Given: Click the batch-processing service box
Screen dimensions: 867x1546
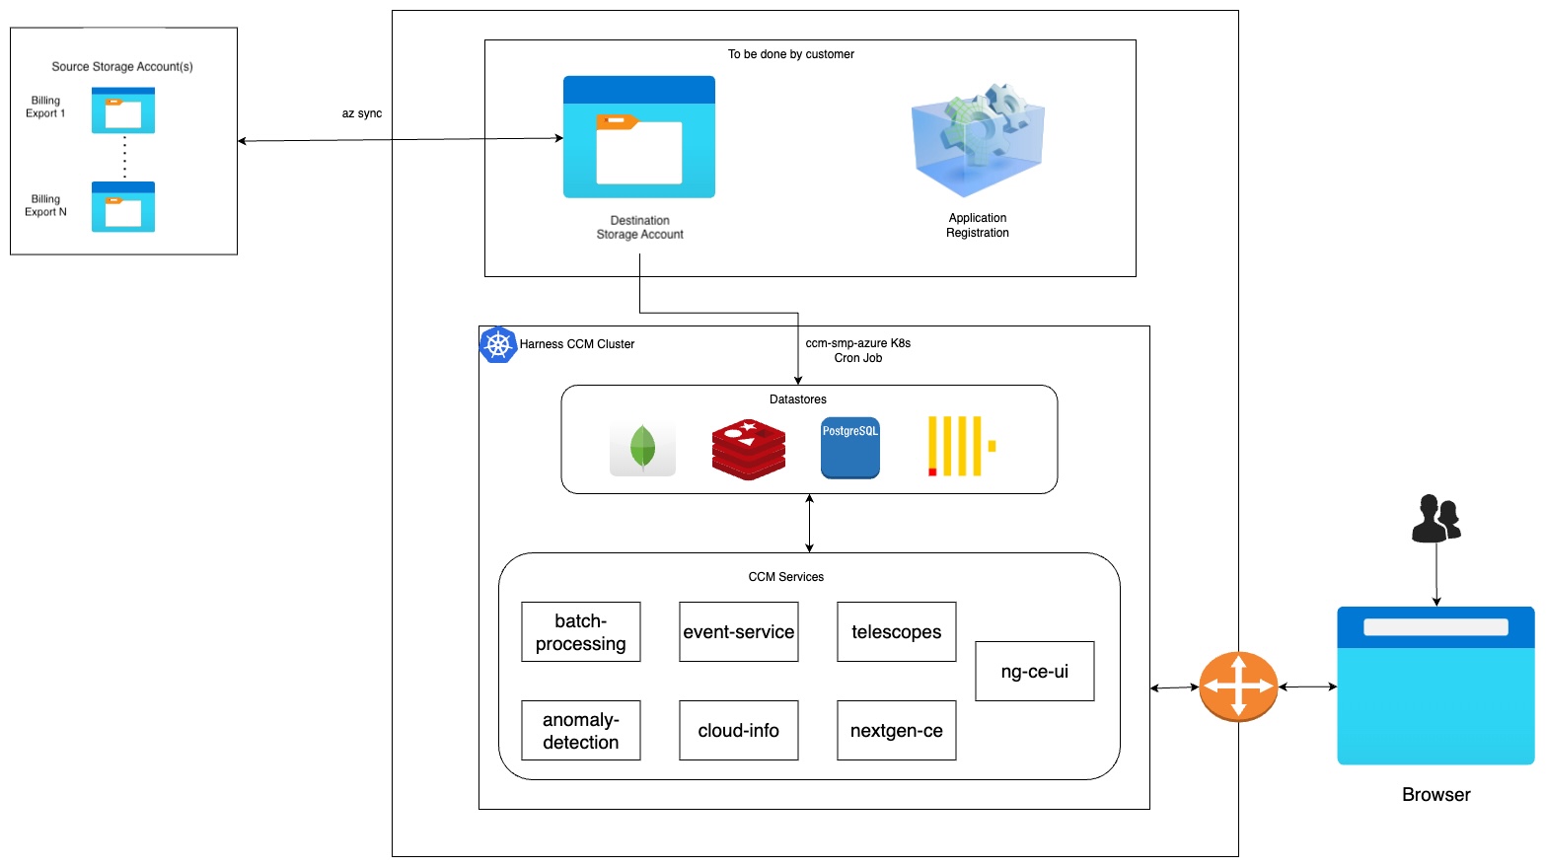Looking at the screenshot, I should point(581,632).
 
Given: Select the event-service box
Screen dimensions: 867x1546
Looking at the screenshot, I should point(739,632).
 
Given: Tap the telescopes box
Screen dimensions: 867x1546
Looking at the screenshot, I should point(897,632).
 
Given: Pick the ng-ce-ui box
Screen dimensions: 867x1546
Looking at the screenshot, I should point(1035,672).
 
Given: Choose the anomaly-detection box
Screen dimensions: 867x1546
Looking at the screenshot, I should point(581,731).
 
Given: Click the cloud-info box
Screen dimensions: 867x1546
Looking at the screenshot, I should point(739,731).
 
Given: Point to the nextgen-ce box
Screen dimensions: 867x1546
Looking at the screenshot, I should point(897,731).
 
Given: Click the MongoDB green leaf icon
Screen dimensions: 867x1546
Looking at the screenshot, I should point(642,448).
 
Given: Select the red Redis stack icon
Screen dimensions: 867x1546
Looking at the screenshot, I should point(749,449).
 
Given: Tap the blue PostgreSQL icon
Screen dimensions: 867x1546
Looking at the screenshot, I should point(850,448).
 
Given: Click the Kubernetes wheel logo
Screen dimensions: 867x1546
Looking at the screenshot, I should point(498,345).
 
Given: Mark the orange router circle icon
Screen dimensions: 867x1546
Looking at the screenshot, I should point(1238,686).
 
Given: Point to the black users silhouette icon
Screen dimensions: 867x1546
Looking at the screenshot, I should point(1436,519).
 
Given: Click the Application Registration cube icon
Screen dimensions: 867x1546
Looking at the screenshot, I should point(978,139).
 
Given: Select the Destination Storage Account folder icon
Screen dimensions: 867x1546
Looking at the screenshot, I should point(639,137).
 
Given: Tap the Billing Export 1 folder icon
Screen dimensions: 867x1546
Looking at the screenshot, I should point(123,110).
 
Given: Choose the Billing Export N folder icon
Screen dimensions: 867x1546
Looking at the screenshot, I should point(123,207).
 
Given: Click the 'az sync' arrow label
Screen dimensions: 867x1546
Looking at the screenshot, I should point(362,114).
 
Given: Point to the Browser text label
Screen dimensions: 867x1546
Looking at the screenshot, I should point(1436,795).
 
